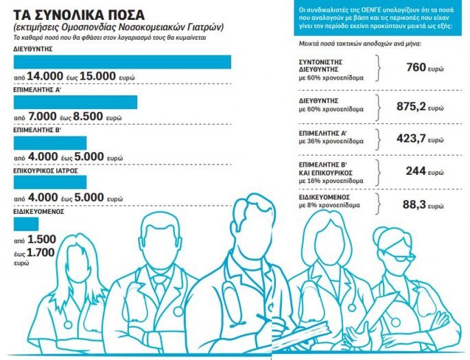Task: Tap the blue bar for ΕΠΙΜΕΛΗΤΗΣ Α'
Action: (x=75, y=102)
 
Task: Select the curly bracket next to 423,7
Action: (x=377, y=136)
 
